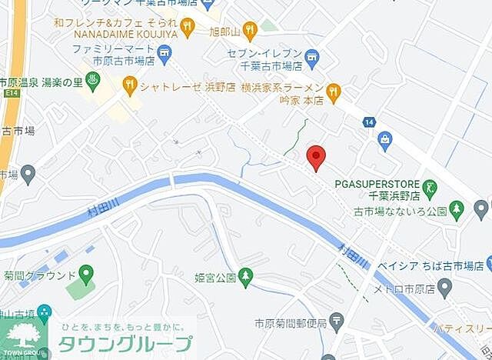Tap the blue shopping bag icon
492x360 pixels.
(384, 139)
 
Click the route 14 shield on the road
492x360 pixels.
(370, 122)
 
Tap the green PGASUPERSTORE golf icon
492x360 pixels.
(430, 185)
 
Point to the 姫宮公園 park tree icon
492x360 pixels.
(245, 275)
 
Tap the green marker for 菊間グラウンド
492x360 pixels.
(85, 273)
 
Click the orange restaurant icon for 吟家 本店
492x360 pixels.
(333, 92)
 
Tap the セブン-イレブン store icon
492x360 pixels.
(311, 55)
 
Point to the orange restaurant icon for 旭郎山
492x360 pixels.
(249, 31)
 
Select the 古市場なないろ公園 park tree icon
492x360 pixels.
(457, 208)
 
